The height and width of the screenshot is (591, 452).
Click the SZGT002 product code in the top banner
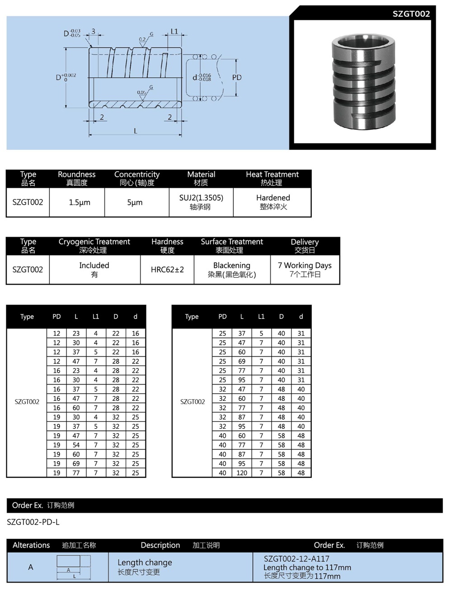[410, 14]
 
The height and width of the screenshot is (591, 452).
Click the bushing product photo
[364, 81]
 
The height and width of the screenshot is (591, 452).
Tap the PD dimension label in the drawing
[237, 77]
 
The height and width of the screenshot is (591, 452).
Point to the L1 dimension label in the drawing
[174, 32]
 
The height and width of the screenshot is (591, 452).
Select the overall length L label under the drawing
[135, 131]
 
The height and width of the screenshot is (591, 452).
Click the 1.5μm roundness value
[79, 202]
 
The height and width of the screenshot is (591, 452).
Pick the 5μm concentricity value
[135, 202]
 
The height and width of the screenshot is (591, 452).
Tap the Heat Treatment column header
[272, 178]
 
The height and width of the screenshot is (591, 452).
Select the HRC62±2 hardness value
[167, 270]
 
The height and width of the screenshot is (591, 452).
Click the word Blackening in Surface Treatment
[231, 265]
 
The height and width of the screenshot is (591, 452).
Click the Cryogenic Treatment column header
[94, 245]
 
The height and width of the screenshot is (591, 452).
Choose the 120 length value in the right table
[242, 473]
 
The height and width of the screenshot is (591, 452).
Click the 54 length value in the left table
[76, 445]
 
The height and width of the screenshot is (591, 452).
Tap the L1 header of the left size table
[95, 317]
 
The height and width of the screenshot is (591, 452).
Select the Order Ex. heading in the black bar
[28, 505]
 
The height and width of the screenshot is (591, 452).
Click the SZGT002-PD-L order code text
[33, 522]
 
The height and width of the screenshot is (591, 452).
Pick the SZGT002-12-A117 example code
[297, 558]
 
